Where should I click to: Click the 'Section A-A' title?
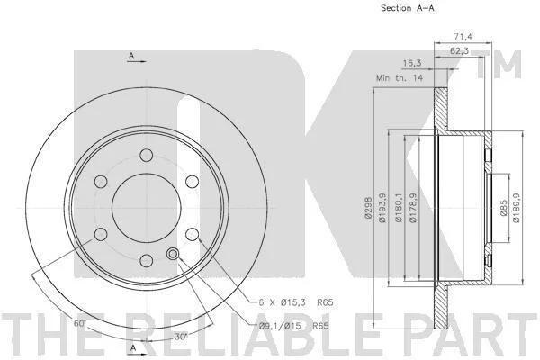pyautogui.click(x=408, y=8)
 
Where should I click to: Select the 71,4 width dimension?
pyautogui.click(x=463, y=36)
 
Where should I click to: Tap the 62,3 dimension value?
pyautogui.click(x=459, y=51)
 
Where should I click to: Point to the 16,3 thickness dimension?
pyautogui.click(x=412, y=63)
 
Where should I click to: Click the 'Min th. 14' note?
pyautogui.click(x=400, y=78)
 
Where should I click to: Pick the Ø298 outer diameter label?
pyautogui.click(x=368, y=208)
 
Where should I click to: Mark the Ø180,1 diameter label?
pyautogui.click(x=399, y=208)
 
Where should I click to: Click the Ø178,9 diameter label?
pyautogui.click(x=414, y=208)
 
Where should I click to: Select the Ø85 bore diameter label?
pyautogui.click(x=503, y=208)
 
